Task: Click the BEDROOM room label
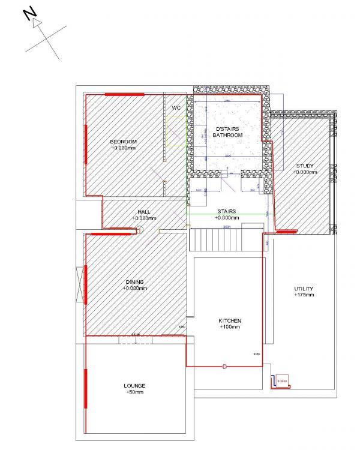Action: (124, 142)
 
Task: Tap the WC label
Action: (176, 108)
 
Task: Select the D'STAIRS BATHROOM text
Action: (227, 132)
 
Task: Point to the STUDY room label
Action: (305, 166)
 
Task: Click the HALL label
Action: (143, 212)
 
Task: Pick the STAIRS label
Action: (226, 212)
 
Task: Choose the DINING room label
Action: (135, 282)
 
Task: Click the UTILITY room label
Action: (304, 289)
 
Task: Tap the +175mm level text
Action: (304, 295)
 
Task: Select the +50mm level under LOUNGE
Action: (135, 392)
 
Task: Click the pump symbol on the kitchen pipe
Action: (224, 365)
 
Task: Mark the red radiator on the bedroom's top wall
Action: (124, 95)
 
